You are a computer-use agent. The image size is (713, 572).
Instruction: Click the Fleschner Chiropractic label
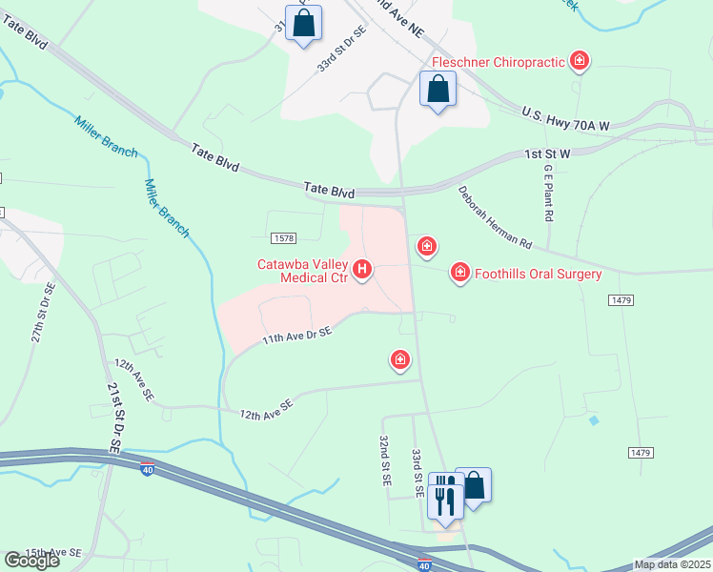(498, 63)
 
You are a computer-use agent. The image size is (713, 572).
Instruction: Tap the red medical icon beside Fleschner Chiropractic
(579, 63)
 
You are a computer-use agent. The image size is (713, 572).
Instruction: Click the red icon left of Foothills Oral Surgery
(460, 274)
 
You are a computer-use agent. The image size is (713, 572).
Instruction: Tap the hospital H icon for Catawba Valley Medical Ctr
(362, 271)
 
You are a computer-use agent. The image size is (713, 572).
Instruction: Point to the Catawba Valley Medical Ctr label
(302, 271)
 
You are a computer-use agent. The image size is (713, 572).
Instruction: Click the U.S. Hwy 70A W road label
(565, 119)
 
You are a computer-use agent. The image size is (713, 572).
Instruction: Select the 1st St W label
(548, 153)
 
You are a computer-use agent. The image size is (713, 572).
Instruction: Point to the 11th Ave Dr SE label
(297, 337)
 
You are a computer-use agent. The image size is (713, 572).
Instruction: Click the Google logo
(31, 561)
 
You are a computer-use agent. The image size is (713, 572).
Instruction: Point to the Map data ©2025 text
(671, 564)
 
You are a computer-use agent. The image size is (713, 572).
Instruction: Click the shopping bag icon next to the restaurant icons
(473, 486)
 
